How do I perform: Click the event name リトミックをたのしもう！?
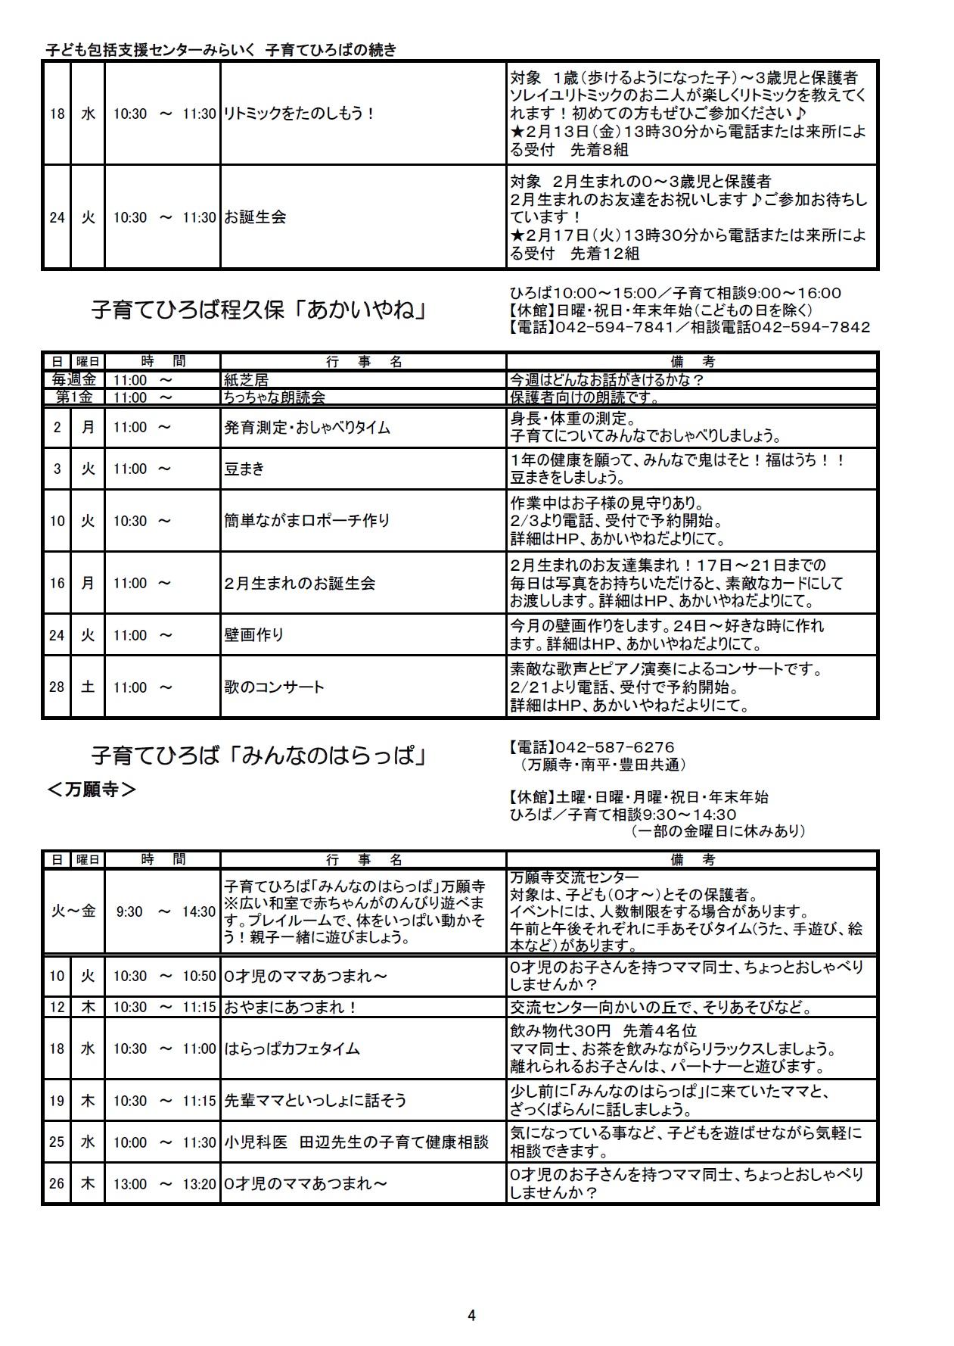coord(300,114)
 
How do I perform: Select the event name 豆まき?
coord(244,469)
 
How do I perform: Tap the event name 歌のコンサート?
coord(274,687)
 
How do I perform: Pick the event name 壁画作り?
coord(253,635)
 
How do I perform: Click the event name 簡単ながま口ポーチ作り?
coord(306,521)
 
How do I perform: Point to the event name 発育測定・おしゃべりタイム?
coord(307,428)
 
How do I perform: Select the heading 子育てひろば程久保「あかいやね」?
coord(258,310)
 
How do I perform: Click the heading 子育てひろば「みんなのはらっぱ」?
coord(258,756)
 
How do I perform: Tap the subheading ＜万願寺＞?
coord(92,790)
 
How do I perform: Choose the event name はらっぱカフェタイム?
coord(291,1048)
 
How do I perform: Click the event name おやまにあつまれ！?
coord(291,1008)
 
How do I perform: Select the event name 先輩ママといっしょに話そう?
coord(315,1101)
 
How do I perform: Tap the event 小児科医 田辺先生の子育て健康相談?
coord(356,1142)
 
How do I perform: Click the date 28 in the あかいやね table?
coord(57,687)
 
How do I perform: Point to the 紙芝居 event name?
coord(246,380)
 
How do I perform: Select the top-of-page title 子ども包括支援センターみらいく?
coord(151,50)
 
